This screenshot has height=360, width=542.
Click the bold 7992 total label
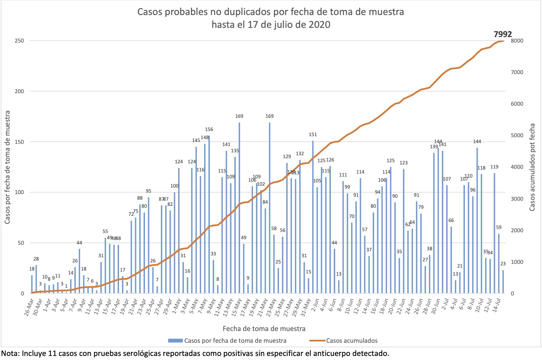(x=503, y=34)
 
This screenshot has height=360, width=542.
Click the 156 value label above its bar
(x=209, y=129)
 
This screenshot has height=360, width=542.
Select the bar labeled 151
(x=313, y=217)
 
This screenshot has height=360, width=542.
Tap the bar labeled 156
(x=209, y=215)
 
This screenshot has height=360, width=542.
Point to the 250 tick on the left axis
(x=19, y=41)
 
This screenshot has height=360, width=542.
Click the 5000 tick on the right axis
(x=517, y=135)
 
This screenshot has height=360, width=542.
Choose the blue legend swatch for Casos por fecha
(x=176, y=341)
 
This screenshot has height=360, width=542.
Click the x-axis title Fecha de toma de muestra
(x=264, y=328)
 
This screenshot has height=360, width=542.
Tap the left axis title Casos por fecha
(x=7, y=167)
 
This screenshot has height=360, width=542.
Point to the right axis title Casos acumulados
(x=532, y=167)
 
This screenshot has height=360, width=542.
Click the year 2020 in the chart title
(x=319, y=25)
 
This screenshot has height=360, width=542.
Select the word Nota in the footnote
(x=10, y=353)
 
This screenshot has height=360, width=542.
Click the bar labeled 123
(x=404, y=231)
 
